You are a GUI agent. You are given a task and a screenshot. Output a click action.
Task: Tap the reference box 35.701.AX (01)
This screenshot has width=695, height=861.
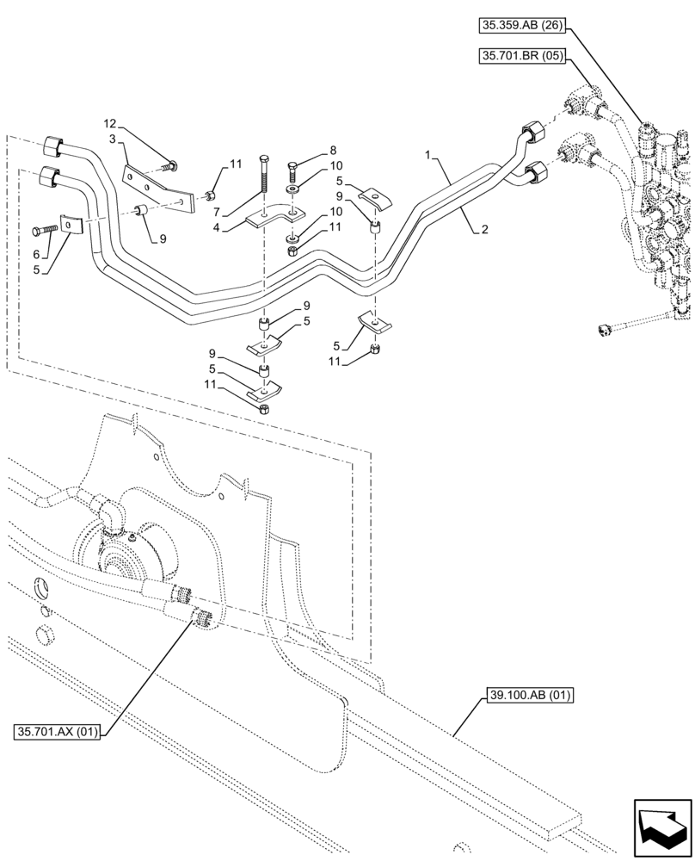(58, 733)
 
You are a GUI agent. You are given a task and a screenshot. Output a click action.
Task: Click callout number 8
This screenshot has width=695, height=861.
(309, 149)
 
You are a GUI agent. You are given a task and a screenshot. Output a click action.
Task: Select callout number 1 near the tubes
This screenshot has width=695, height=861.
(427, 154)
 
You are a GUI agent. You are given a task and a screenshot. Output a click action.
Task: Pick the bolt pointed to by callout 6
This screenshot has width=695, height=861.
(46, 231)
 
